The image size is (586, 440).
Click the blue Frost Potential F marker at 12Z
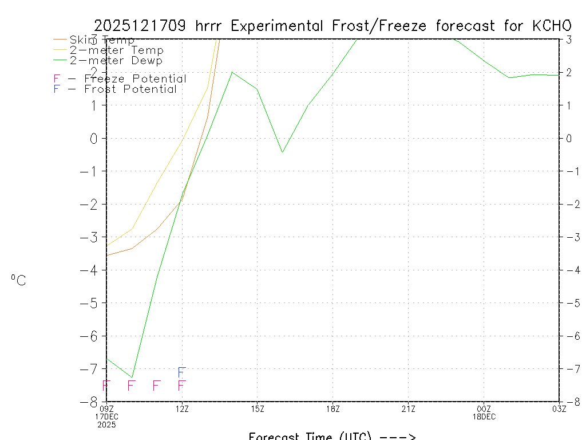tap(181, 372)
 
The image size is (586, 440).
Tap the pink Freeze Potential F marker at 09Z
tap(106, 386)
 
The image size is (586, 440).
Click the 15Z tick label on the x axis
tap(258, 408)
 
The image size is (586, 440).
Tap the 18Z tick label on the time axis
tap(333, 408)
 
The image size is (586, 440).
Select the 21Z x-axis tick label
tap(408, 408)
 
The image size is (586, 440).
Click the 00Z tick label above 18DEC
tap(484, 408)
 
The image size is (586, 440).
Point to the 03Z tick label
tap(559, 408)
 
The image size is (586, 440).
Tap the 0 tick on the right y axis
tap(569, 138)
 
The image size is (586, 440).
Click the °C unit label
tap(18, 280)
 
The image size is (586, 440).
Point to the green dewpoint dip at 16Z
tap(282, 152)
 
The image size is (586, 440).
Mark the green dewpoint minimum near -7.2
tap(132, 377)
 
